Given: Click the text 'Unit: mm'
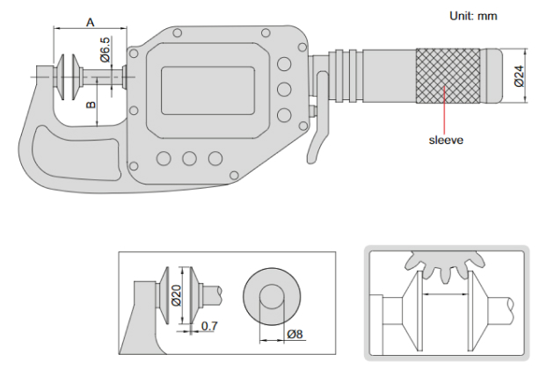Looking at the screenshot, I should (x=474, y=16).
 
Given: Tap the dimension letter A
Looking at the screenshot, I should (x=90, y=22).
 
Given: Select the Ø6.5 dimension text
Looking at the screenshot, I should (x=106, y=51).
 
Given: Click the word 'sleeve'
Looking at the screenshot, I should (x=446, y=139).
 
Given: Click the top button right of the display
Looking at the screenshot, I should (x=283, y=65).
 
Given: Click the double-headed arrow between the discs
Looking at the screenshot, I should (x=443, y=296).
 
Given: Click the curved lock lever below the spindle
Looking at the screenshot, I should (x=317, y=141).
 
